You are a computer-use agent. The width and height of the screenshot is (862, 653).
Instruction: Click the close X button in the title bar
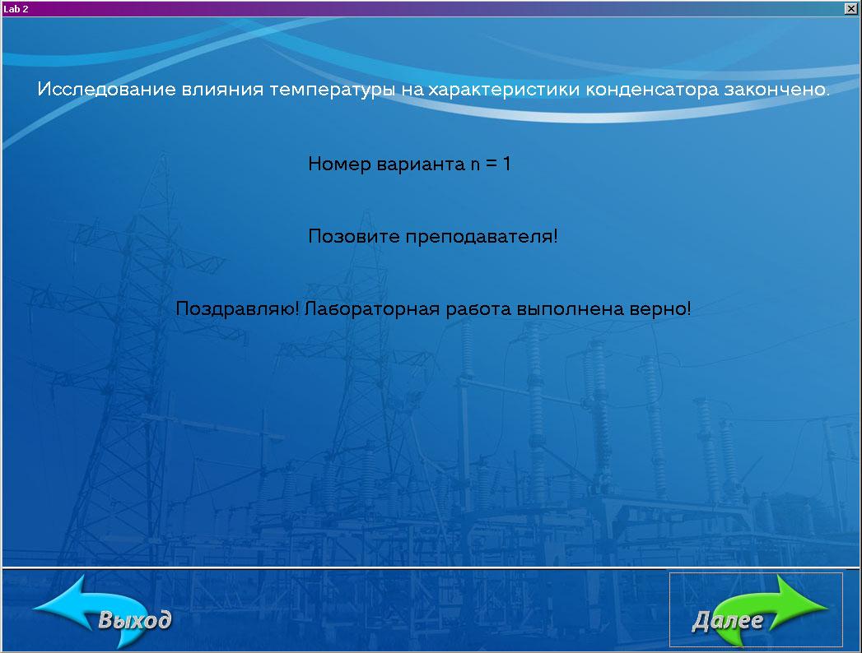click(850, 8)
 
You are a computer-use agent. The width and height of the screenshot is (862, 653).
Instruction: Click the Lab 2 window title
click(16, 9)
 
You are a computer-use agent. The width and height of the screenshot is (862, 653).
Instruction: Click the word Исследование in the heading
click(107, 89)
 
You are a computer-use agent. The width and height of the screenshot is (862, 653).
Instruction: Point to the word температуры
click(332, 90)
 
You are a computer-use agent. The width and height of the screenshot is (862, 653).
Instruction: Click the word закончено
click(776, 90)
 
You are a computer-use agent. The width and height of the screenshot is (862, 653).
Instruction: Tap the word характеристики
click(504, 90)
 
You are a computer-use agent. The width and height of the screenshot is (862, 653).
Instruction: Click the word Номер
click(339, 164)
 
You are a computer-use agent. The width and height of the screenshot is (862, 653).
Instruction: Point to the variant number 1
click(507, 163)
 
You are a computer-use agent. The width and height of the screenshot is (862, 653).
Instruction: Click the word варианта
click(421, 164)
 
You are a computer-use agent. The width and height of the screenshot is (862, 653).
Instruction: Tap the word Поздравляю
click(236, 308)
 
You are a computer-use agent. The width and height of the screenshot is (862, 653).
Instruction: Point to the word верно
click(658, 308)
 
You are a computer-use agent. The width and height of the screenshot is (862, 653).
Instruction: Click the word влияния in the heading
click(222, 90)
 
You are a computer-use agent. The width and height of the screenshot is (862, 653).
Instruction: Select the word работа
click(478, 308)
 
